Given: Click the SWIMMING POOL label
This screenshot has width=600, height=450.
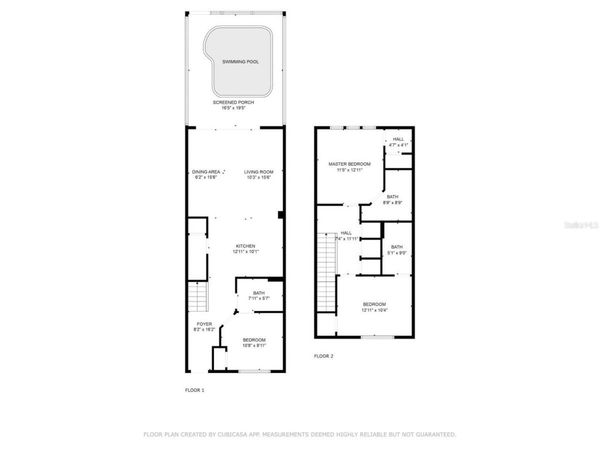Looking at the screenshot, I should (x=240, y=62).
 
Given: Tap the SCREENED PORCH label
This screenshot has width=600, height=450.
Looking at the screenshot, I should (x=233, y=103).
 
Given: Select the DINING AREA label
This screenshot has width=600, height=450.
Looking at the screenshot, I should (x=206, y=172).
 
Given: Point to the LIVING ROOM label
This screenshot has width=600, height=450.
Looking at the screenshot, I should (x=258, y=172).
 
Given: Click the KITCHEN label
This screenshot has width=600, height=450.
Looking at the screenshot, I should (x=245, y=246).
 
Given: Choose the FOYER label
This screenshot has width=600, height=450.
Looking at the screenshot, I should (x=204, y=324).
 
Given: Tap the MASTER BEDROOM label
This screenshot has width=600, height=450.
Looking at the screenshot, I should (x=349, y=164).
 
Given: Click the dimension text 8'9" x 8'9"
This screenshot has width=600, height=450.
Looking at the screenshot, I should (x=392, y=202).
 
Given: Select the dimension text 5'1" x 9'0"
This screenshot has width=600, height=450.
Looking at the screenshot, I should (x=397, y=253).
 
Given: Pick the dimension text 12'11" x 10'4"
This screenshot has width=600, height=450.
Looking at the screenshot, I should (x=374, y=310).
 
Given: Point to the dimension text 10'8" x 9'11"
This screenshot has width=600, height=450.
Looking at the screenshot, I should (x=254, y=346).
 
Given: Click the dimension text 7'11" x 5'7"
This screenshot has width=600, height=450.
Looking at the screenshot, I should (x=259, y=299).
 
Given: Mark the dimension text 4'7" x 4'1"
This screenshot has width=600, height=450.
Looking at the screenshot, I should (x=398, y=145).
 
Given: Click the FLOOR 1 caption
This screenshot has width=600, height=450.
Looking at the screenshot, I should (x=195, y=390).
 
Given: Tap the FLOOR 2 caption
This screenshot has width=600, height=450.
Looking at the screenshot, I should (x=323, y=356).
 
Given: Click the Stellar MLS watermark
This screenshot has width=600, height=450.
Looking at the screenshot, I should (x=581, y=225).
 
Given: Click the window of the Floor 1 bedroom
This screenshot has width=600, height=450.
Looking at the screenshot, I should (x=255, y=372).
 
